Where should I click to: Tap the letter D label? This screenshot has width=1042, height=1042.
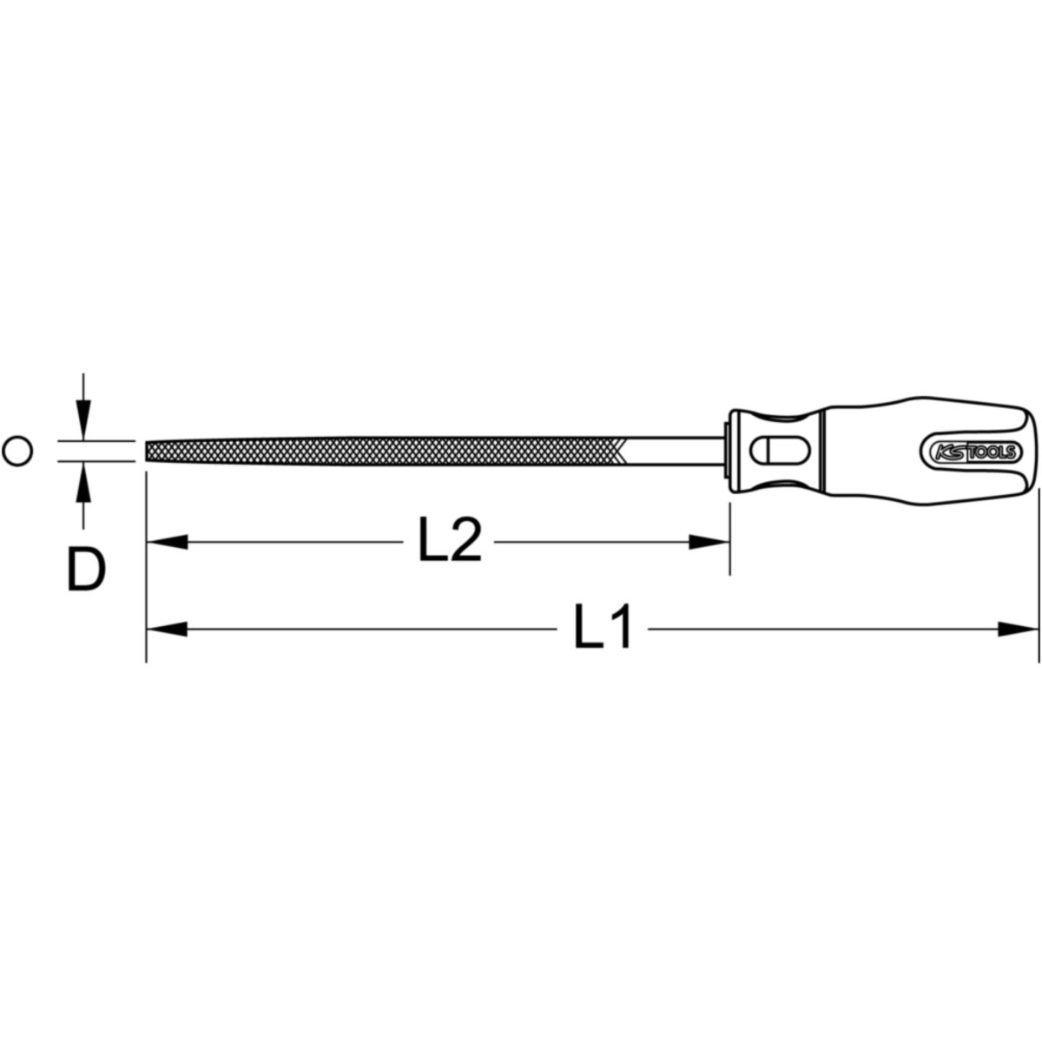point(87,570)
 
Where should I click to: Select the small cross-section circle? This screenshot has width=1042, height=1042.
point(18,451)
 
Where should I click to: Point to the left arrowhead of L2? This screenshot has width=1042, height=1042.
point(167,542)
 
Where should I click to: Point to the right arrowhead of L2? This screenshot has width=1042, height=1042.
point(709,542)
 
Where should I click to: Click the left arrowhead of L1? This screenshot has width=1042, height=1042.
point(167,629)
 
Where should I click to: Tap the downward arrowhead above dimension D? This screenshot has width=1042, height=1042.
point(82,419)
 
